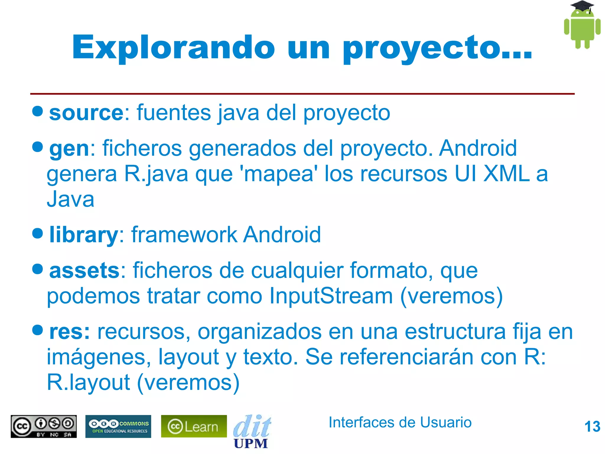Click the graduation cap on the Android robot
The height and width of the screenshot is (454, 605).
[x=582, y=6]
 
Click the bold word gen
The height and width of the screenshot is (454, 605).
[x=69, y=149]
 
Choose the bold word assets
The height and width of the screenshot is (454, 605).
[x=84, y=271]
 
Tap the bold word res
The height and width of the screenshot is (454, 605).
[x=69, y=332]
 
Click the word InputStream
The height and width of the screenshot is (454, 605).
[x=331, y=296]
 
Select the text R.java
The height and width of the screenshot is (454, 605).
[x=156, y=174]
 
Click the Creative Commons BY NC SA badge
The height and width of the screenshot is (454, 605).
[x=44, y=426]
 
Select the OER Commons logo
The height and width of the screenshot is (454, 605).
[x=118, y=426]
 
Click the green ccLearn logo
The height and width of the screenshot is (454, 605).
[x=194, y=426]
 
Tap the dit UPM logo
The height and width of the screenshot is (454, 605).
[x=252, y=432]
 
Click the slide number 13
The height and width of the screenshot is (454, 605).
[x=592, y=427]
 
